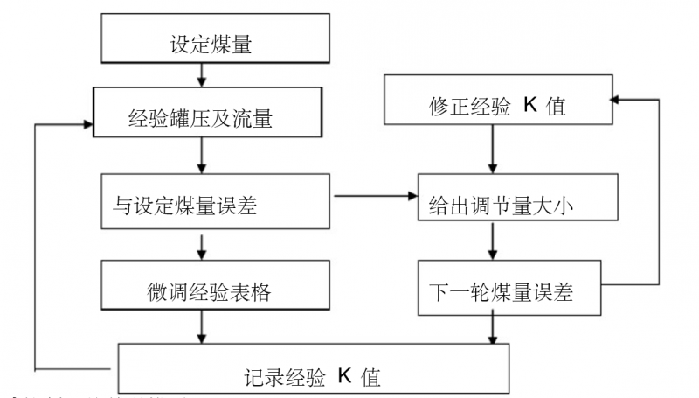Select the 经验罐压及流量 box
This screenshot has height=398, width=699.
tap(202, 114)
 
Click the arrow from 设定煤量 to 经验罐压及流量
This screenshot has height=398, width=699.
tap(202, 75)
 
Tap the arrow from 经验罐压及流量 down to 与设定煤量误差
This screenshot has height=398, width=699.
tap(202, 155)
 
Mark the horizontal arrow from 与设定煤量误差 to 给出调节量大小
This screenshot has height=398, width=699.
tap(376, 196)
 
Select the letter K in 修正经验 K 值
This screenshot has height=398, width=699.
tap(529, 104)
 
